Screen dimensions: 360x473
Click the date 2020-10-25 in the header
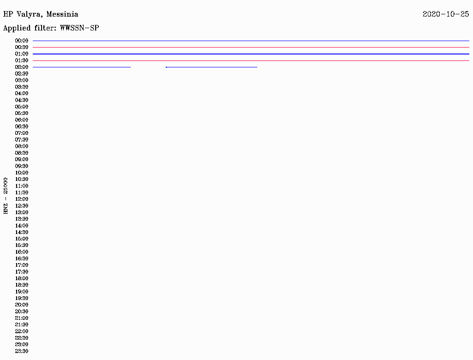445,14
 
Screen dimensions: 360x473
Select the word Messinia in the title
62,14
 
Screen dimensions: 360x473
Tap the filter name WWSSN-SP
79,28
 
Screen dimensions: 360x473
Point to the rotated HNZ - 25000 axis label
6,195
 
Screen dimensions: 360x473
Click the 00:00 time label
22,41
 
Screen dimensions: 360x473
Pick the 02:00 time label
22,67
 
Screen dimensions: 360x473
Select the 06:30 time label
22,126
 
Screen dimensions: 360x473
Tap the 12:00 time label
22,199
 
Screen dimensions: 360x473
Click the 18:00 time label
22,278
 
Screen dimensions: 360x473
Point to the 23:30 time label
22,351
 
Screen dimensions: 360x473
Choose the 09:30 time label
22,166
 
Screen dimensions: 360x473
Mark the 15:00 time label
22,239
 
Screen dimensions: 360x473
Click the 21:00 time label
22,318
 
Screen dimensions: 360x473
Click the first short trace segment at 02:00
82,67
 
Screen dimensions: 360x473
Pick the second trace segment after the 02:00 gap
211,67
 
